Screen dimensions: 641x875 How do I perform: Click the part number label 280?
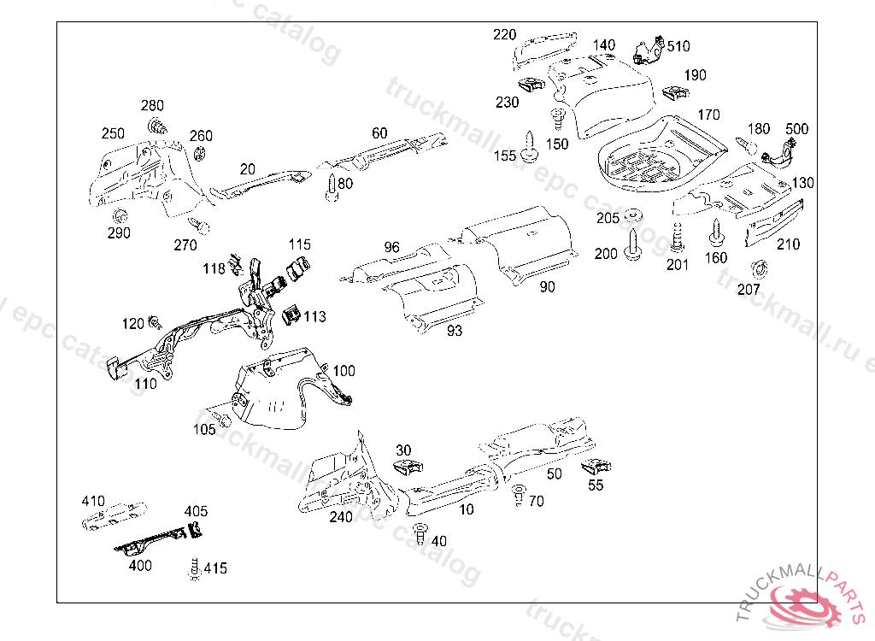[152, 106]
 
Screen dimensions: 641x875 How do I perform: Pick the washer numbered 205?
[633, 215]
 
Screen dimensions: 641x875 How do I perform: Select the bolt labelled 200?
[633, 243]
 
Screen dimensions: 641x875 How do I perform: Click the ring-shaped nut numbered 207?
[755, 269]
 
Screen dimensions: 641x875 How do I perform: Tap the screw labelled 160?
[716, 232]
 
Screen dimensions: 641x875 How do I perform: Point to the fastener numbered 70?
[518, 493]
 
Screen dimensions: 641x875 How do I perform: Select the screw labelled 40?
[420, 534]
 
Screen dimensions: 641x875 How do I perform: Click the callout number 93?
[455, 331]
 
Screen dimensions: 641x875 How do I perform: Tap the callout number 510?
[679, 45]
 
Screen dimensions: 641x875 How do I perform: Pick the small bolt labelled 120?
[156, 322]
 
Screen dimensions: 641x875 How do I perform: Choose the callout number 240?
[341, 516]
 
